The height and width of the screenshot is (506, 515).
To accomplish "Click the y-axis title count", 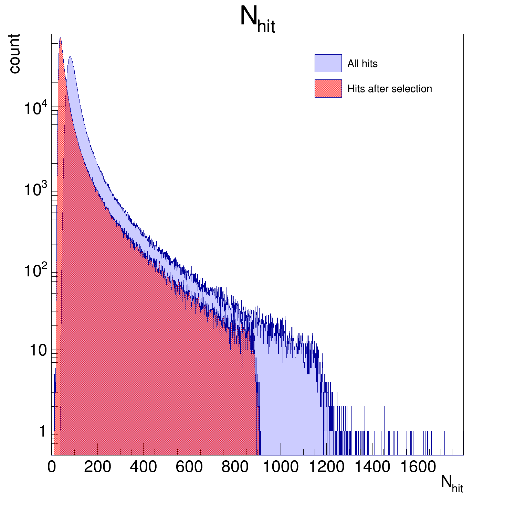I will (14, 54).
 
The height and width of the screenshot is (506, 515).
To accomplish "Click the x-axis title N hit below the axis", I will (452, 484).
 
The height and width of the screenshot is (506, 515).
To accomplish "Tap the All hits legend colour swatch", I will (328, 63).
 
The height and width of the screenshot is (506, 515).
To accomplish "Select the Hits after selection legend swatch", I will (328, 89).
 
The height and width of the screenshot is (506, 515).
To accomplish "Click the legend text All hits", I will (362, 64).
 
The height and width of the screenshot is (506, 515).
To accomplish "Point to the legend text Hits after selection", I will (389, 89).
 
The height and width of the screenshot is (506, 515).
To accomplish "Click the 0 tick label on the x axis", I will (52, 467).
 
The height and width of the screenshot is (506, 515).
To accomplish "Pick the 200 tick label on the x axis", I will (97, 467).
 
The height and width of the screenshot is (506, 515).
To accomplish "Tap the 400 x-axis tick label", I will (143, 467).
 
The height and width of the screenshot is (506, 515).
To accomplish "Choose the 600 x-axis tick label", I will (189, 467).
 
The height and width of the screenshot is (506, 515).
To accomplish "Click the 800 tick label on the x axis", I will (235, 467).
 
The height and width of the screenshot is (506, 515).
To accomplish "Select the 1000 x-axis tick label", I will (281, 467).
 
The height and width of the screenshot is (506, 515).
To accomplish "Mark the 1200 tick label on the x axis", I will (326, 467).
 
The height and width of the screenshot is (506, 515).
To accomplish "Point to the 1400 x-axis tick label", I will (372, 467).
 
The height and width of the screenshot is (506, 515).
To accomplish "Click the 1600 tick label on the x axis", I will (418, 467).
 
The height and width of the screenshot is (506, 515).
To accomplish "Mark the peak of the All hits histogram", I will (70, 57).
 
